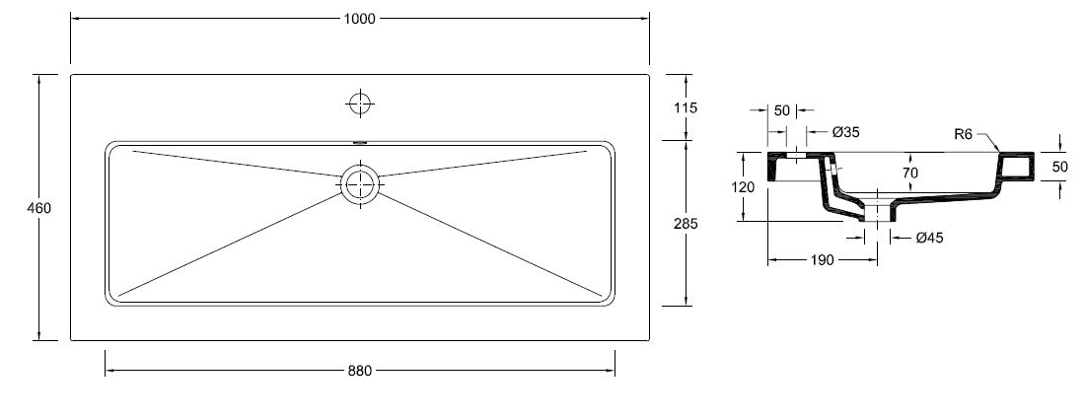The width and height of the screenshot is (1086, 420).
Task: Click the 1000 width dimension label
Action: [359, 19]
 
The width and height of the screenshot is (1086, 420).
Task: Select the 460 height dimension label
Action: [38, 208]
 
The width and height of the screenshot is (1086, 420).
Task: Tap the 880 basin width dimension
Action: [359, 371]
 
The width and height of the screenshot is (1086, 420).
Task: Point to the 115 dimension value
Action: [685, 107]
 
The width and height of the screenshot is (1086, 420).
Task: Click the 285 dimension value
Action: [685, 224]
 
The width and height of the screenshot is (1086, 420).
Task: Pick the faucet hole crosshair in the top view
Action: [360, 104]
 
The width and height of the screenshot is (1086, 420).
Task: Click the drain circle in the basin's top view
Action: [360, 184]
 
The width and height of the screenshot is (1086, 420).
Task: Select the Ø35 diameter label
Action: [845, 132]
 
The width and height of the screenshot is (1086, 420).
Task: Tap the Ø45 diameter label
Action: [929, 238]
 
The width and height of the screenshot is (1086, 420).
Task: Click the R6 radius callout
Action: [964, 134]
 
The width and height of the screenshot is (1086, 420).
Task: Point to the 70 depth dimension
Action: [909, 173]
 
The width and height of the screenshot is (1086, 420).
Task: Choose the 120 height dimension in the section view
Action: [743, 187]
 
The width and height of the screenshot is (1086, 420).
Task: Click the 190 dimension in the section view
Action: [822, 260]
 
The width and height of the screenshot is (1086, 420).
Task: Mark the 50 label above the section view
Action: [782, 110]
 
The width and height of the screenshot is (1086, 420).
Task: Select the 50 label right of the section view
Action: [1059, 167]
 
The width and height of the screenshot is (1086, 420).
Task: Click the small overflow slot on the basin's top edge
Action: [360, 143]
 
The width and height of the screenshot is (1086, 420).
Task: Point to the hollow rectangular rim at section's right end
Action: [1016, 167]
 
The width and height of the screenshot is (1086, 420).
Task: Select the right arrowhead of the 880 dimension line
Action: [611, 371]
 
